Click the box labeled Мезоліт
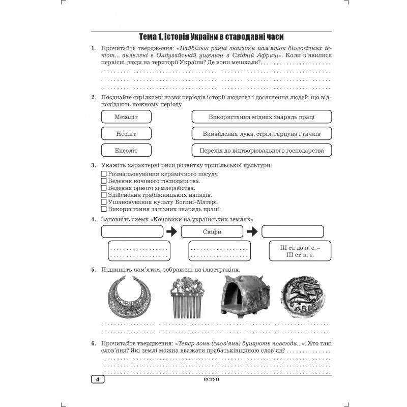126,117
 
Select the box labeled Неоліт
126,133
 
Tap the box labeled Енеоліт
126,150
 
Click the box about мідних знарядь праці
261,117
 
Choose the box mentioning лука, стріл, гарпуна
261,133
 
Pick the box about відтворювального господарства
261,150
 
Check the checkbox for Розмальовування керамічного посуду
104,174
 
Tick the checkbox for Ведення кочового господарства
104,181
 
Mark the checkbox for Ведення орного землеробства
104,188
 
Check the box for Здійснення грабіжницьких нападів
104,195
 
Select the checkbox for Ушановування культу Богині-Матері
104,202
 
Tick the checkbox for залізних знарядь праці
104,209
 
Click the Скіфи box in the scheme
212,231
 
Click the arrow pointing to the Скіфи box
171,231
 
